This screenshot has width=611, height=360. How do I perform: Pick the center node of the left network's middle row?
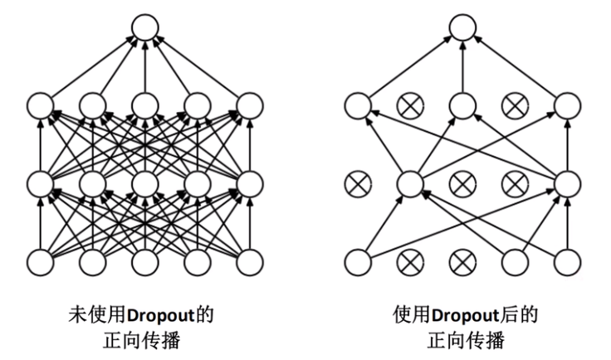click(144, 182)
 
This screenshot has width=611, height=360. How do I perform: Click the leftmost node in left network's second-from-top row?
click(40, 106)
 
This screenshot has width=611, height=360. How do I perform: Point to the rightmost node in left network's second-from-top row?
click(249, 106)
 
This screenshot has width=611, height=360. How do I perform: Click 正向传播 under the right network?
click(462, 341)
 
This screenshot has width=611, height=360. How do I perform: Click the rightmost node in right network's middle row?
click(567, 182)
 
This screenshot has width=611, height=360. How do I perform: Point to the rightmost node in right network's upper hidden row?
click(567, 106)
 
